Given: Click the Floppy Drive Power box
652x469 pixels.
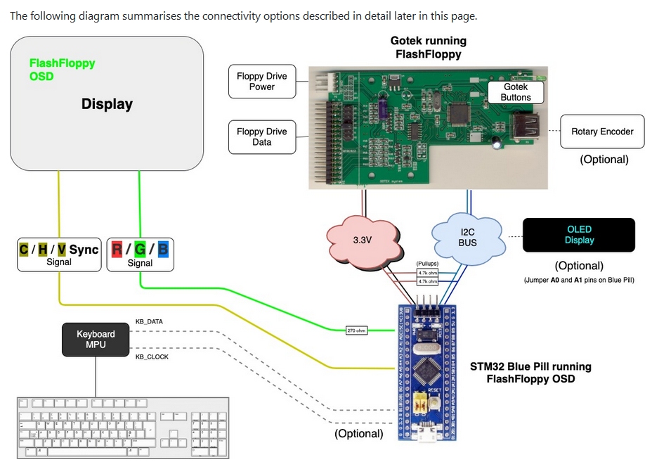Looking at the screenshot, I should [x=261, y=82].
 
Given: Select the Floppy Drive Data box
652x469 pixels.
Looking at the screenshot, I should [x=261, y=137].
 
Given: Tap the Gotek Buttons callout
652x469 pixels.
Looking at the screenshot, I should [x=516, y=92].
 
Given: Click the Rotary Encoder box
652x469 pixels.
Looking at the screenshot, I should [x=602, y=131].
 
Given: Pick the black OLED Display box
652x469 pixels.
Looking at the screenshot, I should [x=579, y=235].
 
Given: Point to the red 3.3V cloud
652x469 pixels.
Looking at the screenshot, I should [x=362, y=240].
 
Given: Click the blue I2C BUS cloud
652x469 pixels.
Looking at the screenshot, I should [x=467, y=237].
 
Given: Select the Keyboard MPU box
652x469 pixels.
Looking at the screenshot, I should [x=96, y=339].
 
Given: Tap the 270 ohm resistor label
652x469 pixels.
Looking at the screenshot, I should [x=357, y=330].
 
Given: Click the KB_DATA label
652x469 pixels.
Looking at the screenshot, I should [x=149, y=321].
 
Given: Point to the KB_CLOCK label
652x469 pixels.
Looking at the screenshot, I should [x=152, y=356].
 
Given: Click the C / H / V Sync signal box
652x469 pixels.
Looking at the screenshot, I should [x=59, y=255].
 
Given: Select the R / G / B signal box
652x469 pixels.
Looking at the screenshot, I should [x=140, y=255].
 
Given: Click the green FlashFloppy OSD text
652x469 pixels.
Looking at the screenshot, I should [x=62, y=69].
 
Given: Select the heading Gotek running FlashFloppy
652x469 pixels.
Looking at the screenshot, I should [x=428, y=47].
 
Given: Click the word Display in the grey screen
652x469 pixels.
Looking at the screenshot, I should [x=107, y=104].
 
